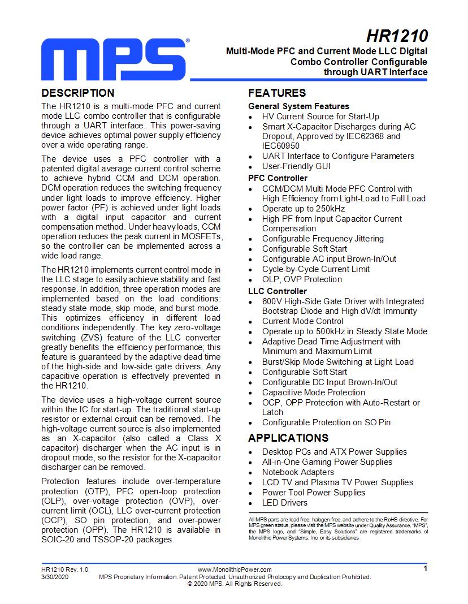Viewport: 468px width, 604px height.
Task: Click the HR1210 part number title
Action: (397, 36)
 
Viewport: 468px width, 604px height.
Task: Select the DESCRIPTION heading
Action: (78, 93)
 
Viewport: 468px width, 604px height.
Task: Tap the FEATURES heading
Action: (277, 93)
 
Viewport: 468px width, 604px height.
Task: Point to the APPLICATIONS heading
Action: (288, 438)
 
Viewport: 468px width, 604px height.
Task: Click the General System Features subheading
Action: (298, 106)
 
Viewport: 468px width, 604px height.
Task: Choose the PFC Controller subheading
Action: (278, 178)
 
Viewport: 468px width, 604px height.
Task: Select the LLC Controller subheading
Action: (278, 291)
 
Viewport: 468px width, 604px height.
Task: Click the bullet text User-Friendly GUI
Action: (296, 166)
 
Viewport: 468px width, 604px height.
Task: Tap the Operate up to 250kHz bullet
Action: (304, 209)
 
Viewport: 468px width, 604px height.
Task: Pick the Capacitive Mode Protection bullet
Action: (314, 392)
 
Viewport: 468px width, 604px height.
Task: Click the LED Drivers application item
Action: (285, 503)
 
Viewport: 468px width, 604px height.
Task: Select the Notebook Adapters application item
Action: (298, 472)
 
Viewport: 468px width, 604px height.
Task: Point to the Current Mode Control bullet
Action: (302, 321)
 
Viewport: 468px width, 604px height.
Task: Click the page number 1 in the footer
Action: (425, 569)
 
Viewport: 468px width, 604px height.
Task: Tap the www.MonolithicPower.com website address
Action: (235, 570)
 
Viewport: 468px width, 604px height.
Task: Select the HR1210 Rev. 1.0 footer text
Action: (64, 570)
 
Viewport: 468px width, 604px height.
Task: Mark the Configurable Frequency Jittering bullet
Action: (323, 239)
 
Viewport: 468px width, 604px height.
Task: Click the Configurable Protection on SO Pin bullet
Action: (326, 422)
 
